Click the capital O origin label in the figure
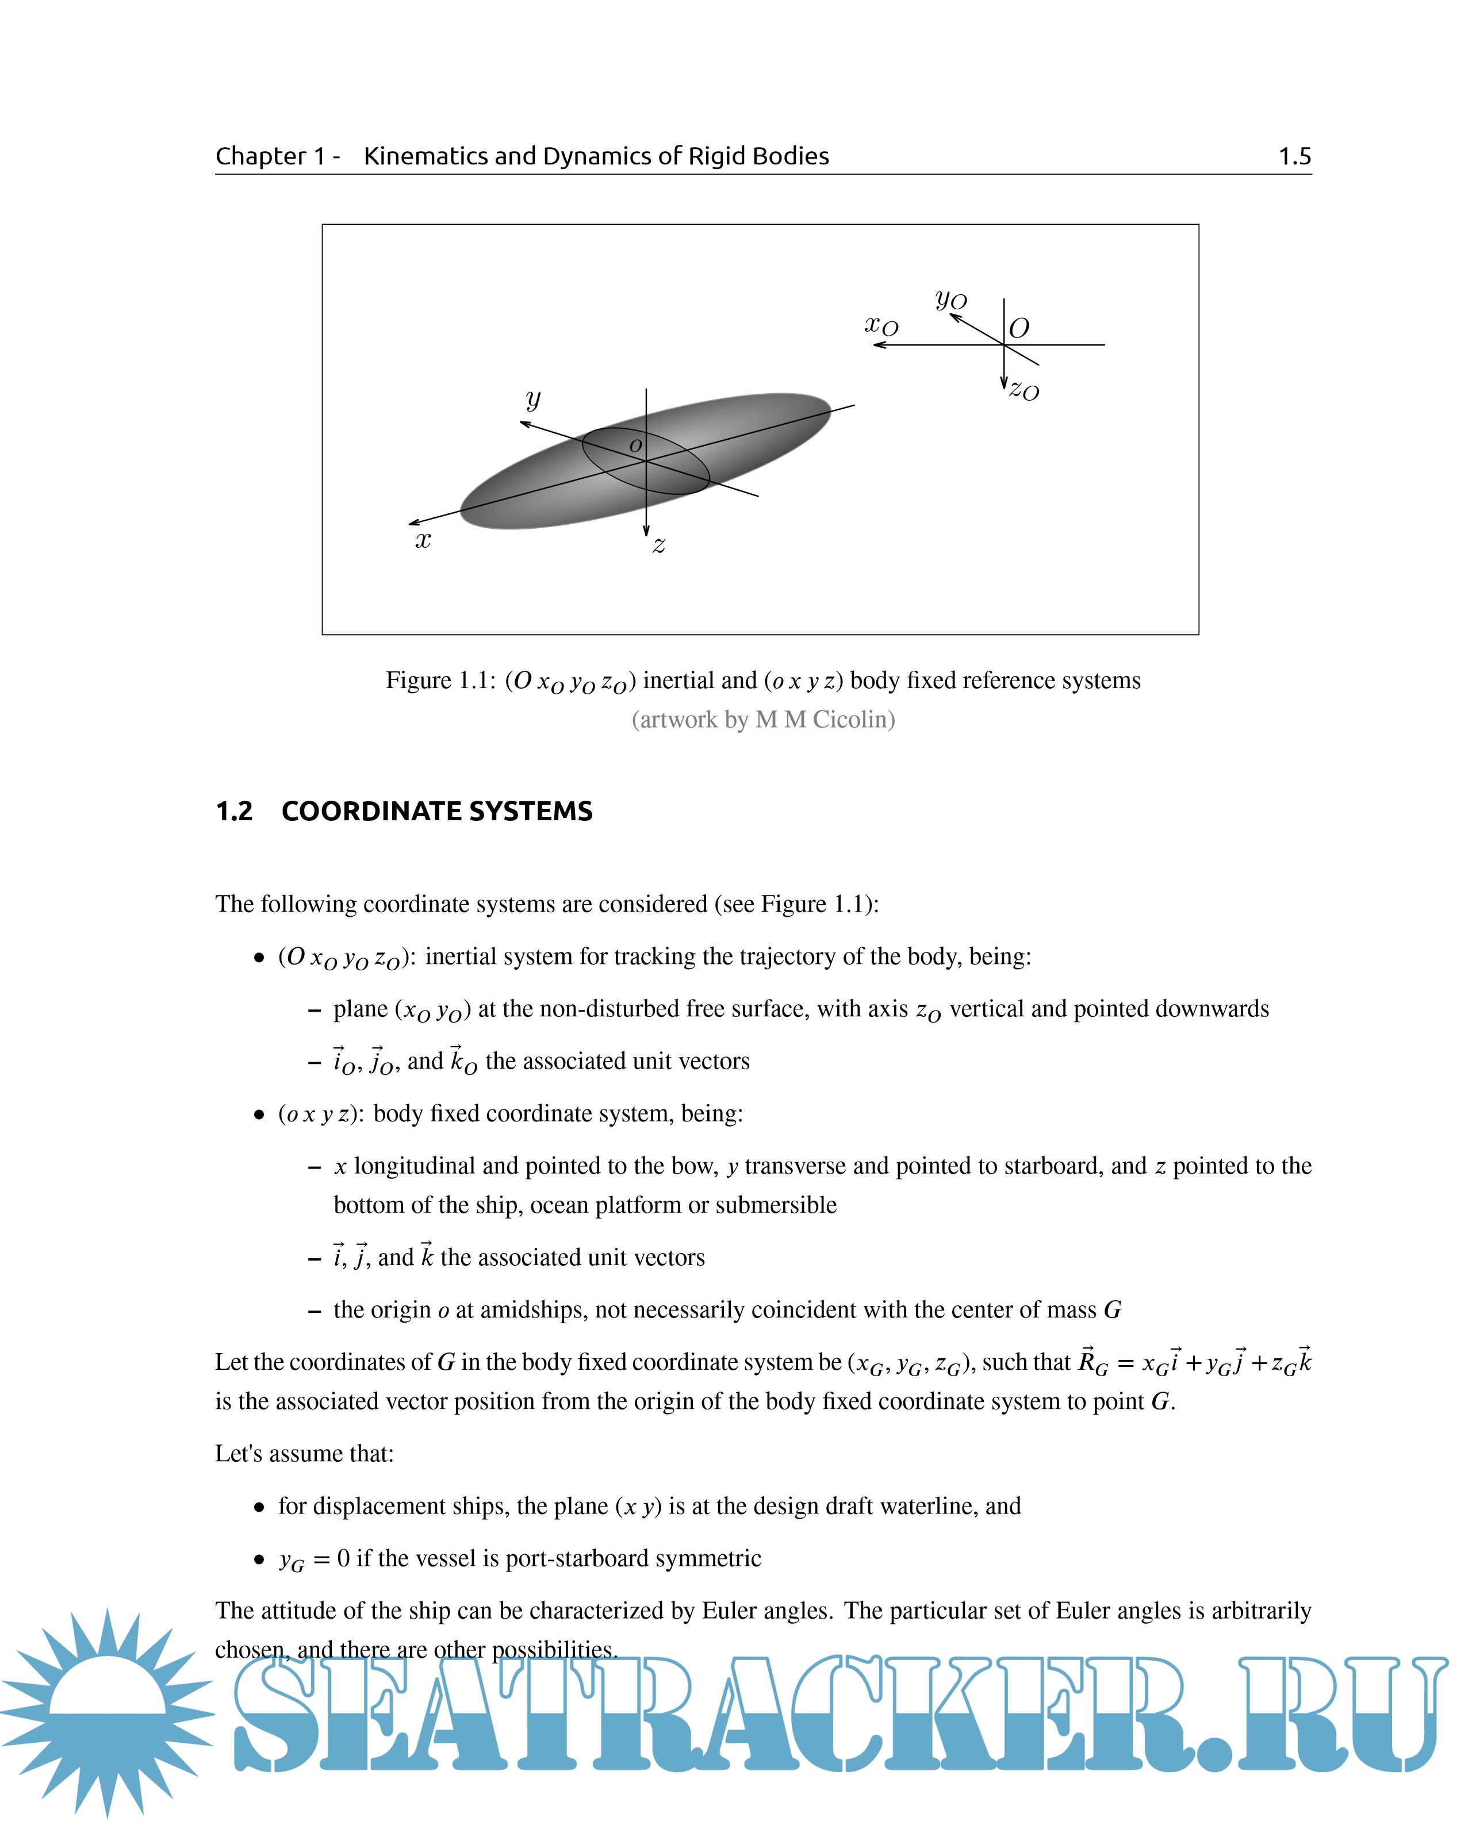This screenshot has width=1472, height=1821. (1019, 328)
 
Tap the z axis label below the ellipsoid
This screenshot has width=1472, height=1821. (659, 545)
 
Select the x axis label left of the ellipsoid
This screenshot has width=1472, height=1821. (422, 539)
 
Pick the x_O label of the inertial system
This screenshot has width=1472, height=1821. (881, 325)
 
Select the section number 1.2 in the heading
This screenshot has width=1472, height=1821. (234, 811)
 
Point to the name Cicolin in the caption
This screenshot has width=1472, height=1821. (853, 719)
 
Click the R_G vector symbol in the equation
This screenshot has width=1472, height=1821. (1092, 1362)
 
